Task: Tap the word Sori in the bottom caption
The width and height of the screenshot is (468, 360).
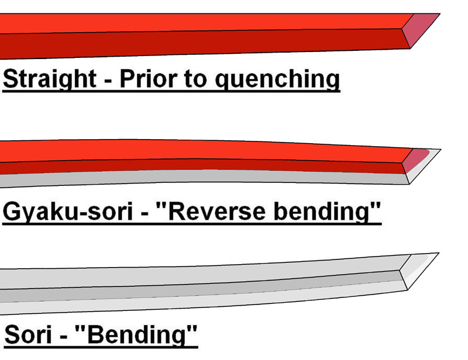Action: pos(26,336)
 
